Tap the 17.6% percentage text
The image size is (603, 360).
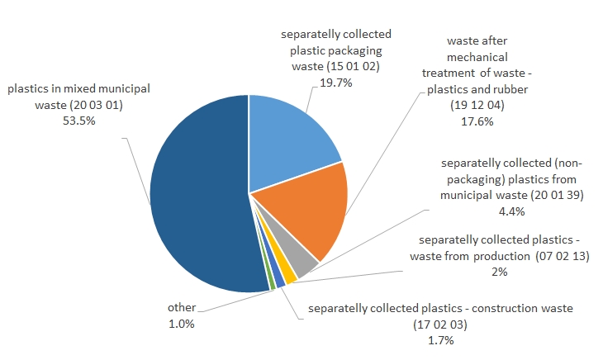pyautogui.click(x=477, y=121)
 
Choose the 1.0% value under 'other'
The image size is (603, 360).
pyautogui.click(x=181, y=324)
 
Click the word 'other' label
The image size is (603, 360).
pyautogui.click(x=181, y=308)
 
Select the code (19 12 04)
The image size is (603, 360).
pyautogui.click(x=477, y=106)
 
